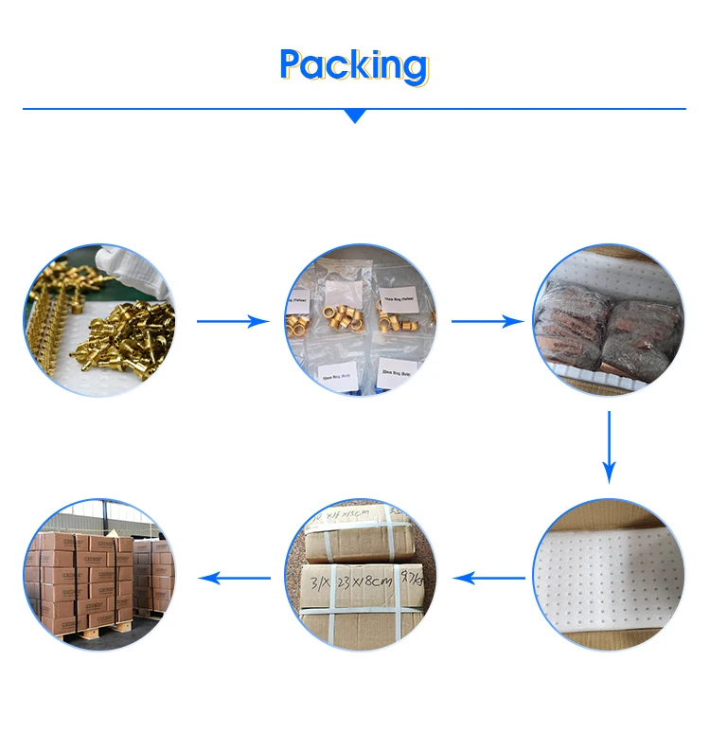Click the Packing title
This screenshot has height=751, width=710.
354,64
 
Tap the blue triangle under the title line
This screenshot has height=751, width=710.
355,116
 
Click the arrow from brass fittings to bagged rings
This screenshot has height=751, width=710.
233,322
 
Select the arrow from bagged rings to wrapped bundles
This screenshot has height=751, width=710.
487,322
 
